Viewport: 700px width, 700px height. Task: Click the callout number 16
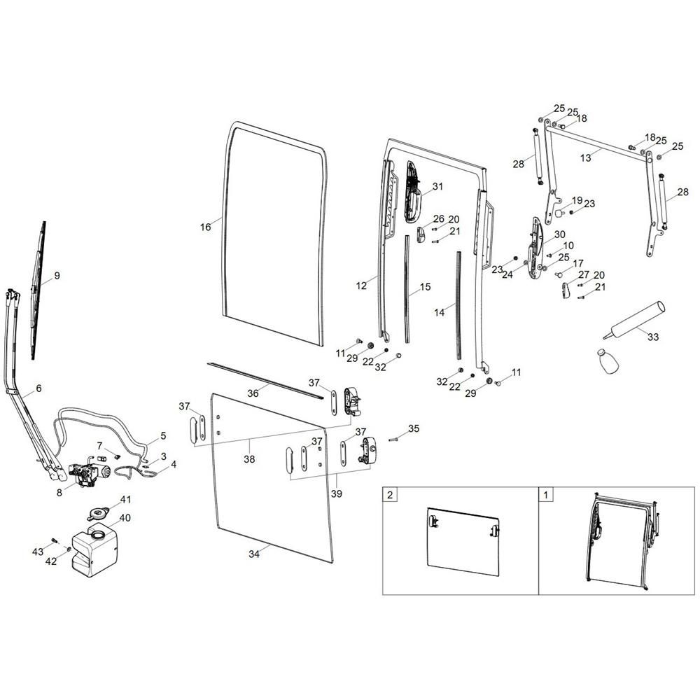pos(205,227)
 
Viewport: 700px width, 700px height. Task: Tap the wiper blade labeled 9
pos(38,290)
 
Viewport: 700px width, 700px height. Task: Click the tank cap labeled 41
pos(98,513)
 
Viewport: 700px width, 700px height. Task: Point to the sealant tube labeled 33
pos(634,320)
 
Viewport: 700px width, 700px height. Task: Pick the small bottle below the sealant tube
pos(607,362)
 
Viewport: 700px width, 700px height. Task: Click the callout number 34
pos(254,554)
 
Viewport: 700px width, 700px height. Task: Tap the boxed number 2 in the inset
pos(390,495)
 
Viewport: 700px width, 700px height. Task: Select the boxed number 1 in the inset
pos(545,495)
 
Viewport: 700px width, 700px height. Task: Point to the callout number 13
pos(585,157)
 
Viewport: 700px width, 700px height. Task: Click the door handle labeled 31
pos(413,192)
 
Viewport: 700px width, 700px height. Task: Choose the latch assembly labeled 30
pos(536,248)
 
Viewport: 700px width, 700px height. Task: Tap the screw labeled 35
pos(393,440)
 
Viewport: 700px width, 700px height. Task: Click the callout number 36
pos(253,393)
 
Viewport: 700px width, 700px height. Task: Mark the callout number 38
pos(249,458)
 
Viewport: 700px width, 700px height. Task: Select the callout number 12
pos(361,286)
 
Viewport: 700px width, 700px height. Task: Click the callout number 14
pos(440,312)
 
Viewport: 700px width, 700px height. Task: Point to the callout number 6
pos(38,388)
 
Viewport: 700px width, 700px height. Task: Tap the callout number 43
pos(38,552)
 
